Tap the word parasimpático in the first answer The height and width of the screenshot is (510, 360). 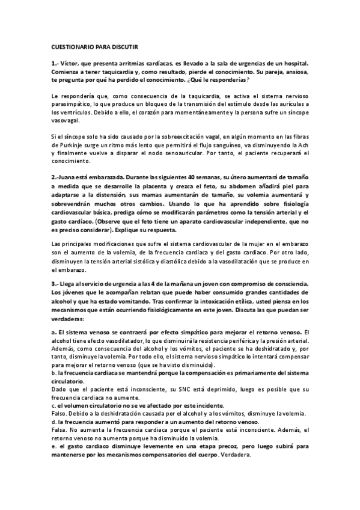click(x=71, y=103)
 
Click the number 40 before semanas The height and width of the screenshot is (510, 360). click(x=192, y=178)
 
